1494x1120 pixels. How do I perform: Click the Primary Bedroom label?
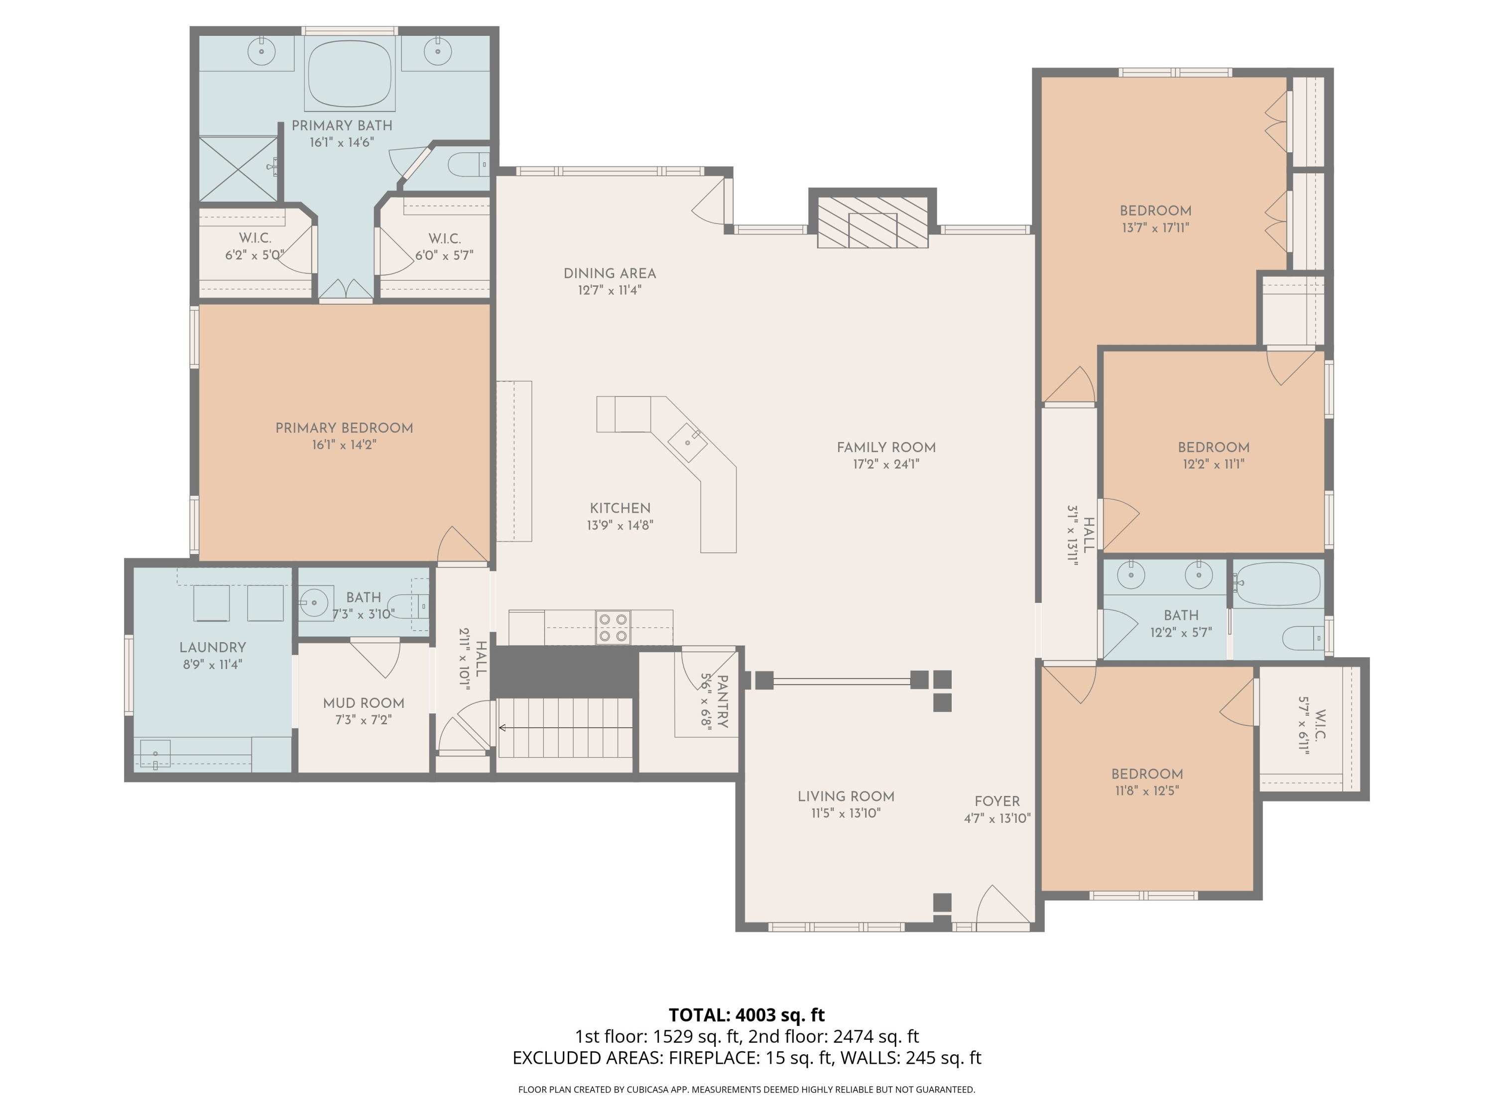click(345, 428)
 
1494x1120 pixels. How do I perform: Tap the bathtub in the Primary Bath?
click(350, 73)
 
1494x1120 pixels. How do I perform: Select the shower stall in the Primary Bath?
click(239, 168)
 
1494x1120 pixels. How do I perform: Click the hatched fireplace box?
click(872, 222)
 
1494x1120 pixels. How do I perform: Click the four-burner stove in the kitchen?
click(613, 627)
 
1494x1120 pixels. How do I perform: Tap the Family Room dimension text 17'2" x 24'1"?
click(886, 464)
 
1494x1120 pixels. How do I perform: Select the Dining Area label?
click(610, 273)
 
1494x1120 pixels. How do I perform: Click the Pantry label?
click(723, 701)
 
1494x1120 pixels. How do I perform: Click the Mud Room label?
click(364, 703)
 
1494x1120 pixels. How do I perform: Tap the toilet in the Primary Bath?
click(470, 163)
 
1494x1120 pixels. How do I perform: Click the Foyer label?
click(997, 801)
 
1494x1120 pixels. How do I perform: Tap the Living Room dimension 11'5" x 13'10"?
click(846, 813)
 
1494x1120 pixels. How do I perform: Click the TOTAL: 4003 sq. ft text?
click(747, 1014)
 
